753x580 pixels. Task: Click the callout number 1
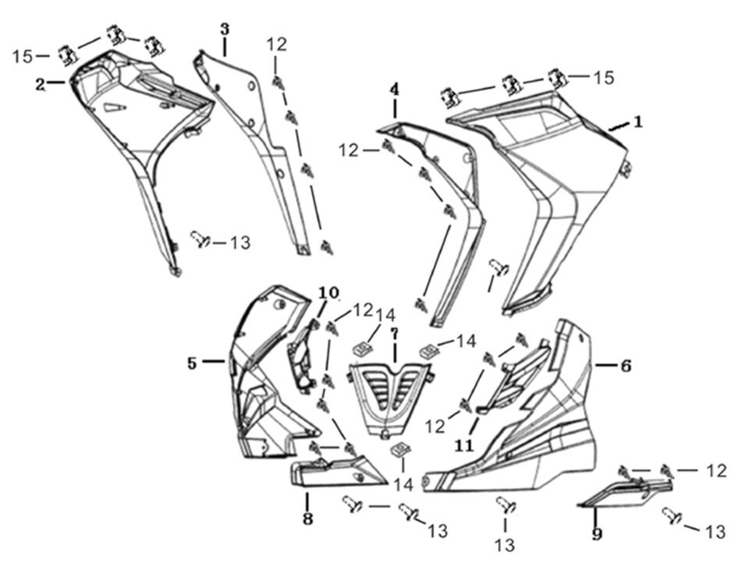[x=638, y=122]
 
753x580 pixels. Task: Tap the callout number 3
[x=225, y=30]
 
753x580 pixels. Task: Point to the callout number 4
[x=395, y=90]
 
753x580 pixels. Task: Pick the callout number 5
[x=192, y=362]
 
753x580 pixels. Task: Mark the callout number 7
[x=395, y=334]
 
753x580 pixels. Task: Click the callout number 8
[x=307, y=518]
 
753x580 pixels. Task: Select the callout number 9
[x=597, y=534]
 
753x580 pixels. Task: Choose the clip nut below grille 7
[x=400, y=450]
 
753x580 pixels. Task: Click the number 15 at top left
[x=23, y=56]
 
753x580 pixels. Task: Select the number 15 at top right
[x=602, y=77]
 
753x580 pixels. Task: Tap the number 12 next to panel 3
[x=276, y=44]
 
